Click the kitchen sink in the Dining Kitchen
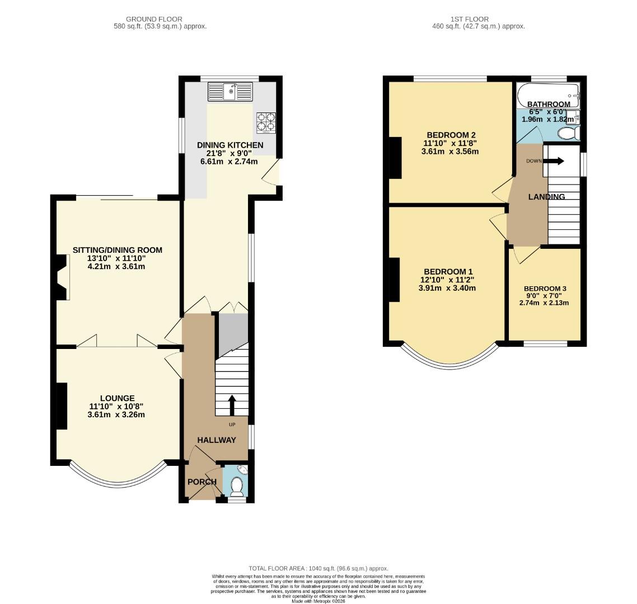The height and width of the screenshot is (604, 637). tap(230, 92)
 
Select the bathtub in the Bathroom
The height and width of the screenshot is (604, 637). tap(548, 96)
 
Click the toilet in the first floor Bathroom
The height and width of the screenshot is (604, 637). tap(569, 133)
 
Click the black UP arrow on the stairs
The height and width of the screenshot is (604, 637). tap(232, 405)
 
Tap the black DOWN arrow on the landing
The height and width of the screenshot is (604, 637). tap(554, 161)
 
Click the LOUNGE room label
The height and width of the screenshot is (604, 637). tap(118, 398)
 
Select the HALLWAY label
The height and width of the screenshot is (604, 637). tap(217, 440)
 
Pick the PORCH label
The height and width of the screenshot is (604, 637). tap(202, 482)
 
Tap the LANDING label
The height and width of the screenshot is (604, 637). tap(546, 197)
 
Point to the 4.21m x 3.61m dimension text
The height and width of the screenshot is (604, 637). tap(116, 267)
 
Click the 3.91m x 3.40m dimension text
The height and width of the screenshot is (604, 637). tap(447, 288)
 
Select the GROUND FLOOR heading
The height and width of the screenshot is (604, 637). tap(154, 19)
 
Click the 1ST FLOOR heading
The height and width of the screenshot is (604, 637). tap(469, 19)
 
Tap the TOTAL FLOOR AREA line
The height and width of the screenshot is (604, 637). tap(318, 568)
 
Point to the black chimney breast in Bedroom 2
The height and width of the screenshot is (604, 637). tap(395, 158)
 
